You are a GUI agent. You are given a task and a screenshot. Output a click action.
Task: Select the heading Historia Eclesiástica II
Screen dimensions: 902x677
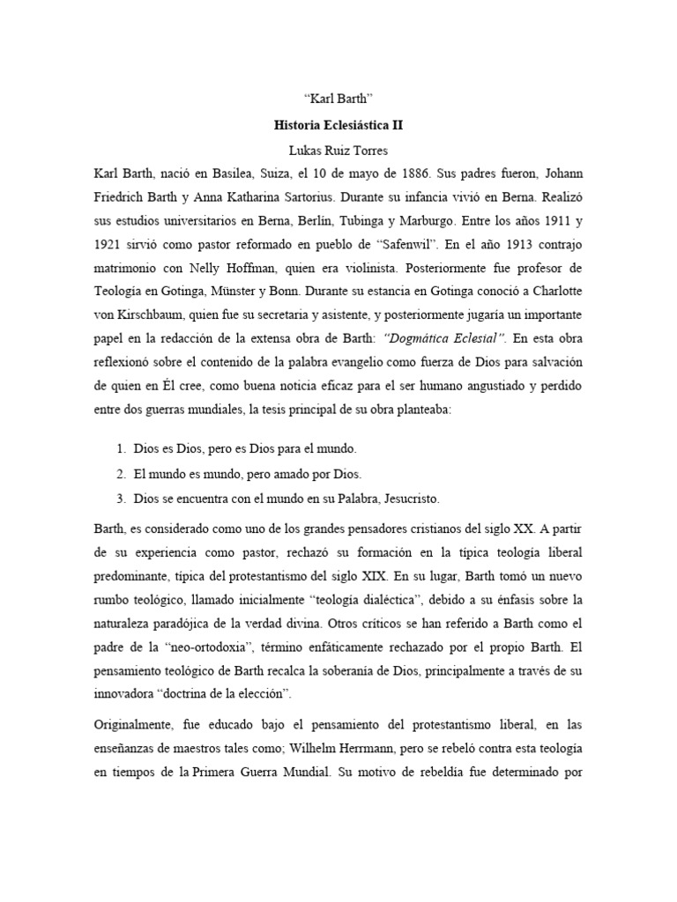(x=338, y=126)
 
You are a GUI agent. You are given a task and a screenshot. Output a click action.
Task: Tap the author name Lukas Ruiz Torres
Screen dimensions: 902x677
(x=338, y=150)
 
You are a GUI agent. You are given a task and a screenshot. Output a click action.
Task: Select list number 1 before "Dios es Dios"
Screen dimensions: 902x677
(x=120, y=449)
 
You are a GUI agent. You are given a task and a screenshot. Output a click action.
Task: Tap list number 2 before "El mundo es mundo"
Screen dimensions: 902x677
(x=120, y=473)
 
